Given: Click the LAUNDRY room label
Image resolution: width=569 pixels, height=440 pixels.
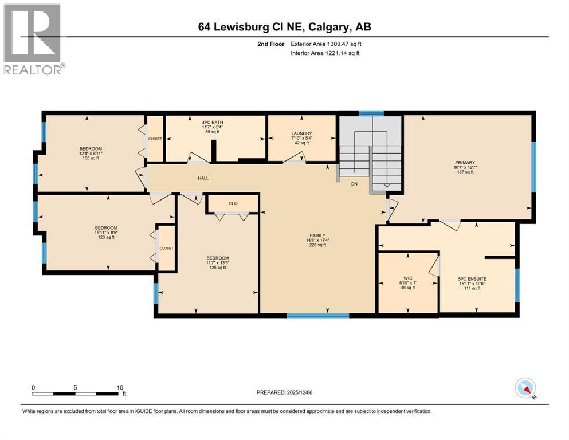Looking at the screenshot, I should (x=301, y=133).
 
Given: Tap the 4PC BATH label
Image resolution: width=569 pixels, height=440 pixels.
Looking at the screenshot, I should (x=212, y=123).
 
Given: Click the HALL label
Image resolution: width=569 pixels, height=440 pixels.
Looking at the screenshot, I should (x=203, y=178).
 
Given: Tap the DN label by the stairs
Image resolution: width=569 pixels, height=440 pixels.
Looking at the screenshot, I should (x=354, y=184).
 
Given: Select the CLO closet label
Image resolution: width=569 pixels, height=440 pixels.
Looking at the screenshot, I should (x=232, y=203).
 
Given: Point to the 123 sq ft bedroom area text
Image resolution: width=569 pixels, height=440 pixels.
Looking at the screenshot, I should (x=105, y=237).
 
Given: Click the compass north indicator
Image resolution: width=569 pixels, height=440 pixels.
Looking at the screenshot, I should (x=525, y=388).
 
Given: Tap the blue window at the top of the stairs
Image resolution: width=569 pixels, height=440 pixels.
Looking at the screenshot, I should (x=371, y=113).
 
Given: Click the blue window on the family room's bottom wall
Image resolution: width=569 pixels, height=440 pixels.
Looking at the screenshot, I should (x=317, y=315).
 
